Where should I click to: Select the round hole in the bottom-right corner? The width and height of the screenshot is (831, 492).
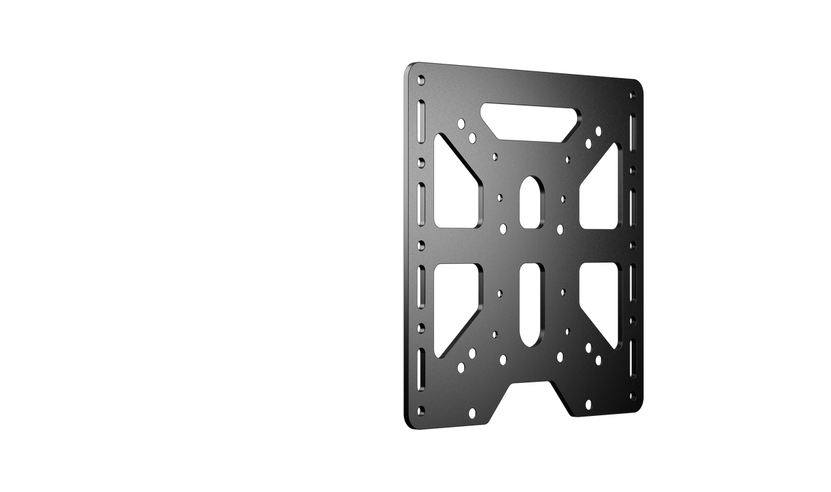point(632,395)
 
